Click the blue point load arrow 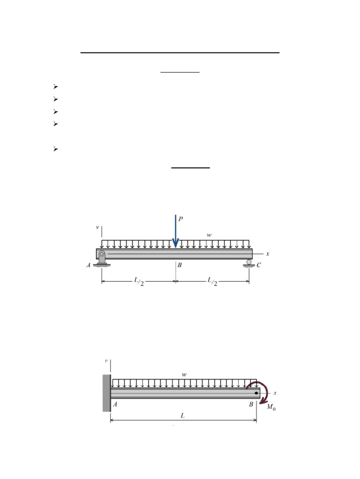[176, 231]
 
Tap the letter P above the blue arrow [181, 218]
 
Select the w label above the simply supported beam [209, 235]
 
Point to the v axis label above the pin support [97, 228]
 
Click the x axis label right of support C [268, 254]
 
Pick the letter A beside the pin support [88, 265]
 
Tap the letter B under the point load [179, 265]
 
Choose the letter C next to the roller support [258, 265]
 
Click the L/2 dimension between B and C [212, 282]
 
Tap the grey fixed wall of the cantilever [106, 393]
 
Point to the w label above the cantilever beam [184, 374]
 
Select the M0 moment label [271, 407]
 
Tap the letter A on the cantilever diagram [115, 405]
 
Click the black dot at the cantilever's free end [256, 393]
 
